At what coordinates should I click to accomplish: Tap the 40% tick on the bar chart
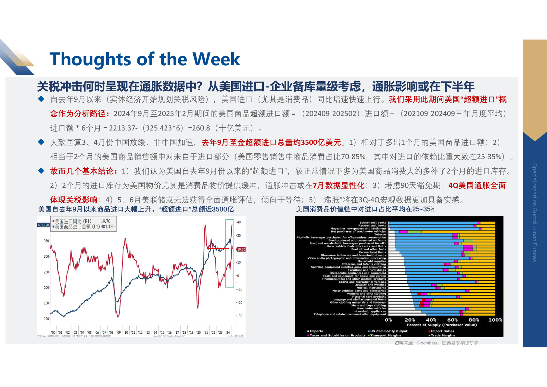point(431,320)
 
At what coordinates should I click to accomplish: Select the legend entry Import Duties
point(442,331)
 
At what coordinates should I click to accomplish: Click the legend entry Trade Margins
point(442,335)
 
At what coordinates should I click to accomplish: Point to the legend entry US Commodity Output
point(388,331)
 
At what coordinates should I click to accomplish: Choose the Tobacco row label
point(380,234)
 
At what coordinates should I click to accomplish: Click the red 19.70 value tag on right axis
point(241,250)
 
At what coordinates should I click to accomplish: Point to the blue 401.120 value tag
point(44,225)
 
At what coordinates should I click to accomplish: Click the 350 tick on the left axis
point(46,241)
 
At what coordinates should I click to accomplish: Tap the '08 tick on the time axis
point(111,332)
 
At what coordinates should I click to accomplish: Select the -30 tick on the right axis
point(239,316)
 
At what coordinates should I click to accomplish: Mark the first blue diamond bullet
point(41,99)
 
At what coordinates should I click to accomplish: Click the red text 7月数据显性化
point(338,186)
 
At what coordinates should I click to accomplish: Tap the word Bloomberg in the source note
point(427,343)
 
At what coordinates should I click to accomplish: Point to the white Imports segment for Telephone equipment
point(407,314)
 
